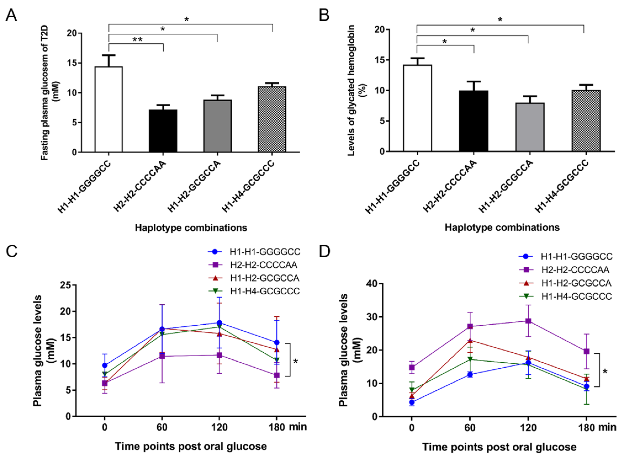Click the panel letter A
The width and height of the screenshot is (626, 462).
11,15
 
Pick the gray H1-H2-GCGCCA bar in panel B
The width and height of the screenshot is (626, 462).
530,127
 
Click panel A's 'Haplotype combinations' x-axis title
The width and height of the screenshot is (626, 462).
191,228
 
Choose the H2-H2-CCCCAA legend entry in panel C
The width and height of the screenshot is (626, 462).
263,265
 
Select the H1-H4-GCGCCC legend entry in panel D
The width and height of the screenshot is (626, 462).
576,296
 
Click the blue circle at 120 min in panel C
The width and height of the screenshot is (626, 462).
219,323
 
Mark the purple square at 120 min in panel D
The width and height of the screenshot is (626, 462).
528,321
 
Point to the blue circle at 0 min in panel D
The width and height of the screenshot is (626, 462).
412,402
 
